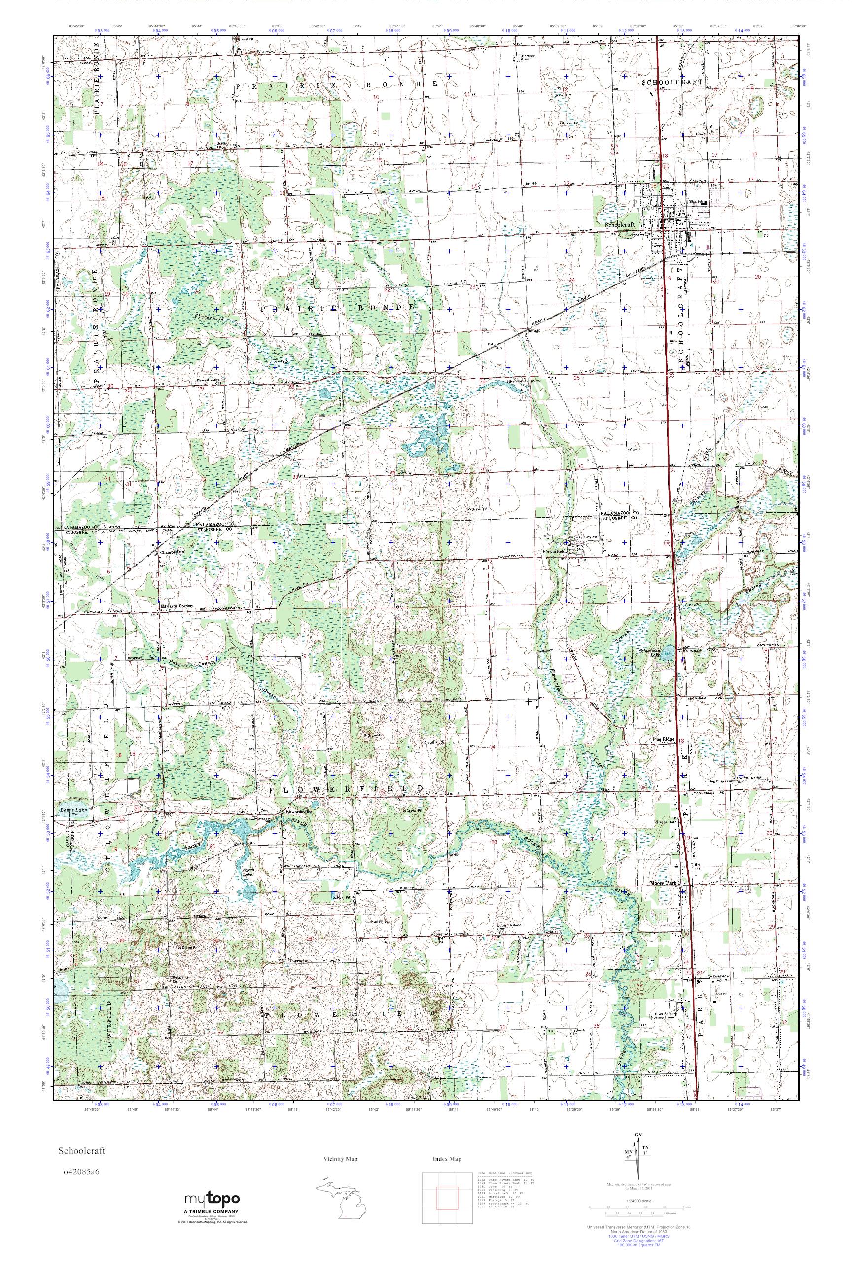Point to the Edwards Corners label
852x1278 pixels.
(173, 607)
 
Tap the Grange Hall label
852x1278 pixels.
(664, 821)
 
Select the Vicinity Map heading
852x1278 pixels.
(340, 1159)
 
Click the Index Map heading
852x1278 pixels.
(447, 1159)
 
